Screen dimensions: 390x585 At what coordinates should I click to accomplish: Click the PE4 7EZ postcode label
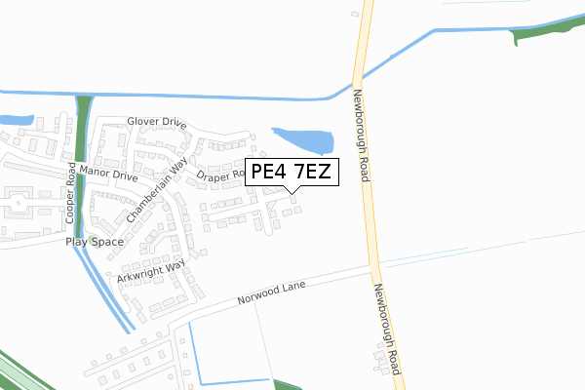click(x=291, y=173)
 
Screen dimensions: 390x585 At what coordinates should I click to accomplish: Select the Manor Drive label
click(x=110, y=173)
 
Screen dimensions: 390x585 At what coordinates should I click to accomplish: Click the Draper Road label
click(x=221, y=176)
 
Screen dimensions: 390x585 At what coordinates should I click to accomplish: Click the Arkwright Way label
click(x=151, y=271)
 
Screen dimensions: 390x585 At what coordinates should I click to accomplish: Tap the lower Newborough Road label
click(x=387, y=328)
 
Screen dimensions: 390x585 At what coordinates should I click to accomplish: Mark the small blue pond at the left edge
click(x=14, y=120)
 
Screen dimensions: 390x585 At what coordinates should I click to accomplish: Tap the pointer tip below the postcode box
click(x=292, y=192)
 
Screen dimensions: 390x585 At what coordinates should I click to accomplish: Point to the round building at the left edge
click(x=18, y=205)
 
